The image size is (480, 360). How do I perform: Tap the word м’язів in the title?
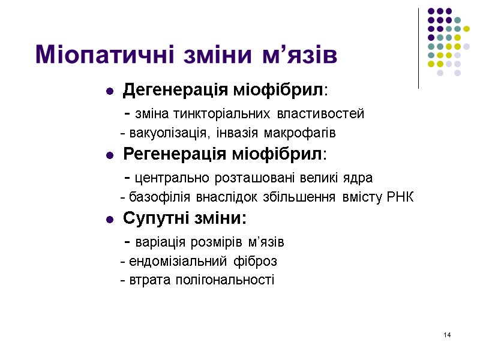[x=298, y=55]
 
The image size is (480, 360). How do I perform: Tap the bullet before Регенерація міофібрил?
[x=110, y=155]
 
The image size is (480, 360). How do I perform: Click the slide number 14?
[x=446, y=334]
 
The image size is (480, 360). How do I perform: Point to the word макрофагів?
[x=304, y=132]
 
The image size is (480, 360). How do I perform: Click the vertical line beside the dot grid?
[x=418, y=48]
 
